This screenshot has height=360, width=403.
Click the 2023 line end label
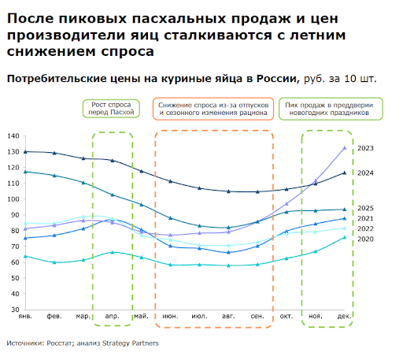pos(366,148)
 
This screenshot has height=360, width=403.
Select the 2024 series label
pos(366,173)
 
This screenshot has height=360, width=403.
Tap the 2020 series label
pos(366,238)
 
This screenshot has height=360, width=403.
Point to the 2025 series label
pos(366,208)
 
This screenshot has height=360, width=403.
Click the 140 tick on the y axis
pos(13,135)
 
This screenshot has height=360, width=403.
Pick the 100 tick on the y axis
pos(13,199)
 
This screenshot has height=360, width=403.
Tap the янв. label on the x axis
pos(25,316)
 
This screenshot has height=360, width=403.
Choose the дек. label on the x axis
pos(344,316)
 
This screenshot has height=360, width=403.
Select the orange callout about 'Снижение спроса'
pos(213,109)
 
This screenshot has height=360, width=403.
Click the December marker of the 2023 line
pos(345,148)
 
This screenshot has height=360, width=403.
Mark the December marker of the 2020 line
pos(345,237)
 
